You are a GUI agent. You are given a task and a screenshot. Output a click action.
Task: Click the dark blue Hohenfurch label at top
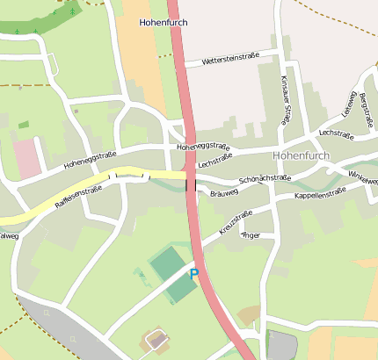[x=164, y=22]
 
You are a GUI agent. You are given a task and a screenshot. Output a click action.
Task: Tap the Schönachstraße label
[x=265, y=177]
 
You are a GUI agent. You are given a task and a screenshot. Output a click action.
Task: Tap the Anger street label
[x=251, y=235]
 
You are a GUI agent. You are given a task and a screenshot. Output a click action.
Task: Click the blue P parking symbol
[x=194, y=275]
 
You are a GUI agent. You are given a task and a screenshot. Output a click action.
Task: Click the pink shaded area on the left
[x=27, y=157]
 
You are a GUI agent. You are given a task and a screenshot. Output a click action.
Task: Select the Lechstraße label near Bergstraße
[x=336, y=133]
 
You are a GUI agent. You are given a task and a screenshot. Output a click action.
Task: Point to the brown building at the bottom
[x=156, y=340]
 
